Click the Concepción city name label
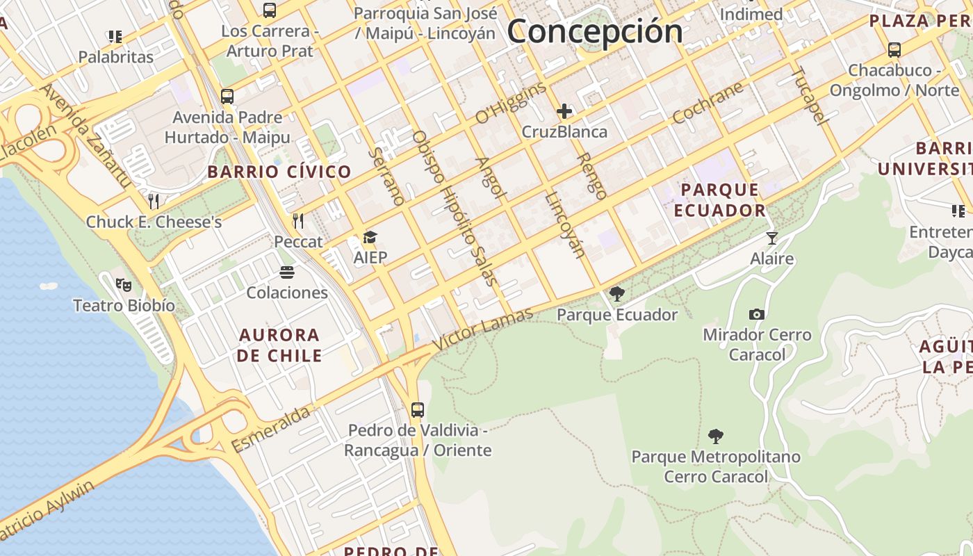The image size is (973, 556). [595, 31]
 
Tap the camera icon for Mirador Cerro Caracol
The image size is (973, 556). [757, 314]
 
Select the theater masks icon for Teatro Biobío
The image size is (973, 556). [124, 284]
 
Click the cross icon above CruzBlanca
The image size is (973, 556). [564, 111]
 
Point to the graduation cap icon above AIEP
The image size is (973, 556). [370, 238]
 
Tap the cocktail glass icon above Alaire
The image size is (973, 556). [771, 238]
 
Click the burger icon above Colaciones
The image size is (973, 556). [287, 272]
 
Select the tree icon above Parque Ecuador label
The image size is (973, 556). [616, 294]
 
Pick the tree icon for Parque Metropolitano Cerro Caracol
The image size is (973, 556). [715, 436]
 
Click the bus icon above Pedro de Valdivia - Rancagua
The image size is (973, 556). [417, 409]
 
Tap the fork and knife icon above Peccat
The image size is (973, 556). [298, 221]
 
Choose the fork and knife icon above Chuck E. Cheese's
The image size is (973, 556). [154, 202]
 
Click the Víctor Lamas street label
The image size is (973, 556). [483, 329]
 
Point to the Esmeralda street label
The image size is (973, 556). [270, 430]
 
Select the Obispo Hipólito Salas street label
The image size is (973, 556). [455, 208]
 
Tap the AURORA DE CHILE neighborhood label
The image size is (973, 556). [279, 345]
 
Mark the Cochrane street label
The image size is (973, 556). [708, 103]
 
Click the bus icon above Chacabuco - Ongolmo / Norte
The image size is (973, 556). [894, 50]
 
